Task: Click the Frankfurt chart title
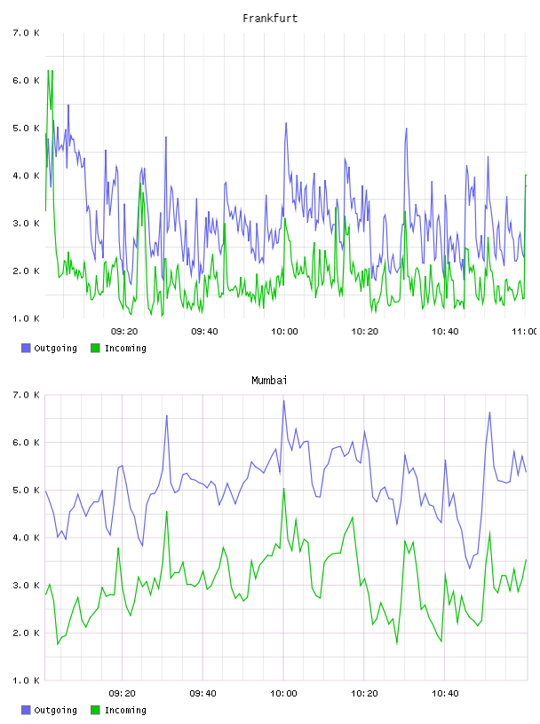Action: coord(270,19)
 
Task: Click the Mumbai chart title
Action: coord(269,381)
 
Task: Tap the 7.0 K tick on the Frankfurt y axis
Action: coord(26,33)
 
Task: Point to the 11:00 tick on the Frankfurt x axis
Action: coord(524,332)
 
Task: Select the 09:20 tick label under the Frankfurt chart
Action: coord(124,332)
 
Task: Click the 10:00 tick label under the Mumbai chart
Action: coord(283,694)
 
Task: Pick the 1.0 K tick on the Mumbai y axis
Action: coord(26,681)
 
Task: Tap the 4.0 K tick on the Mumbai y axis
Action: coord(26,538)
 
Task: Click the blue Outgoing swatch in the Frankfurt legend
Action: coord(26,348)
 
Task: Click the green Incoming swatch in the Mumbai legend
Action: coord(95,710)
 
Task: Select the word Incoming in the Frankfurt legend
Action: coord(125,349)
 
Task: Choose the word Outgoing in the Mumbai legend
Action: coord(55,711)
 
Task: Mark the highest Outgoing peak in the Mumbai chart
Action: coord(284,401)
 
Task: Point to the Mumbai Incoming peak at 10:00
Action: coord(284,489)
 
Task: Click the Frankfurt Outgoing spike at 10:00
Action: coord(286,123)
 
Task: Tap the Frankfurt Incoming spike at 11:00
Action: coord(526,175)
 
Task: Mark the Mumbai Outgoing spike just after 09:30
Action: coord(167,415)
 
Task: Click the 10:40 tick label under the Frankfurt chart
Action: coord(445,332)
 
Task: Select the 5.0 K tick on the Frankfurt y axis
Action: coord(26,129)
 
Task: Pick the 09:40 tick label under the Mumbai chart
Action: coord(203,694)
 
